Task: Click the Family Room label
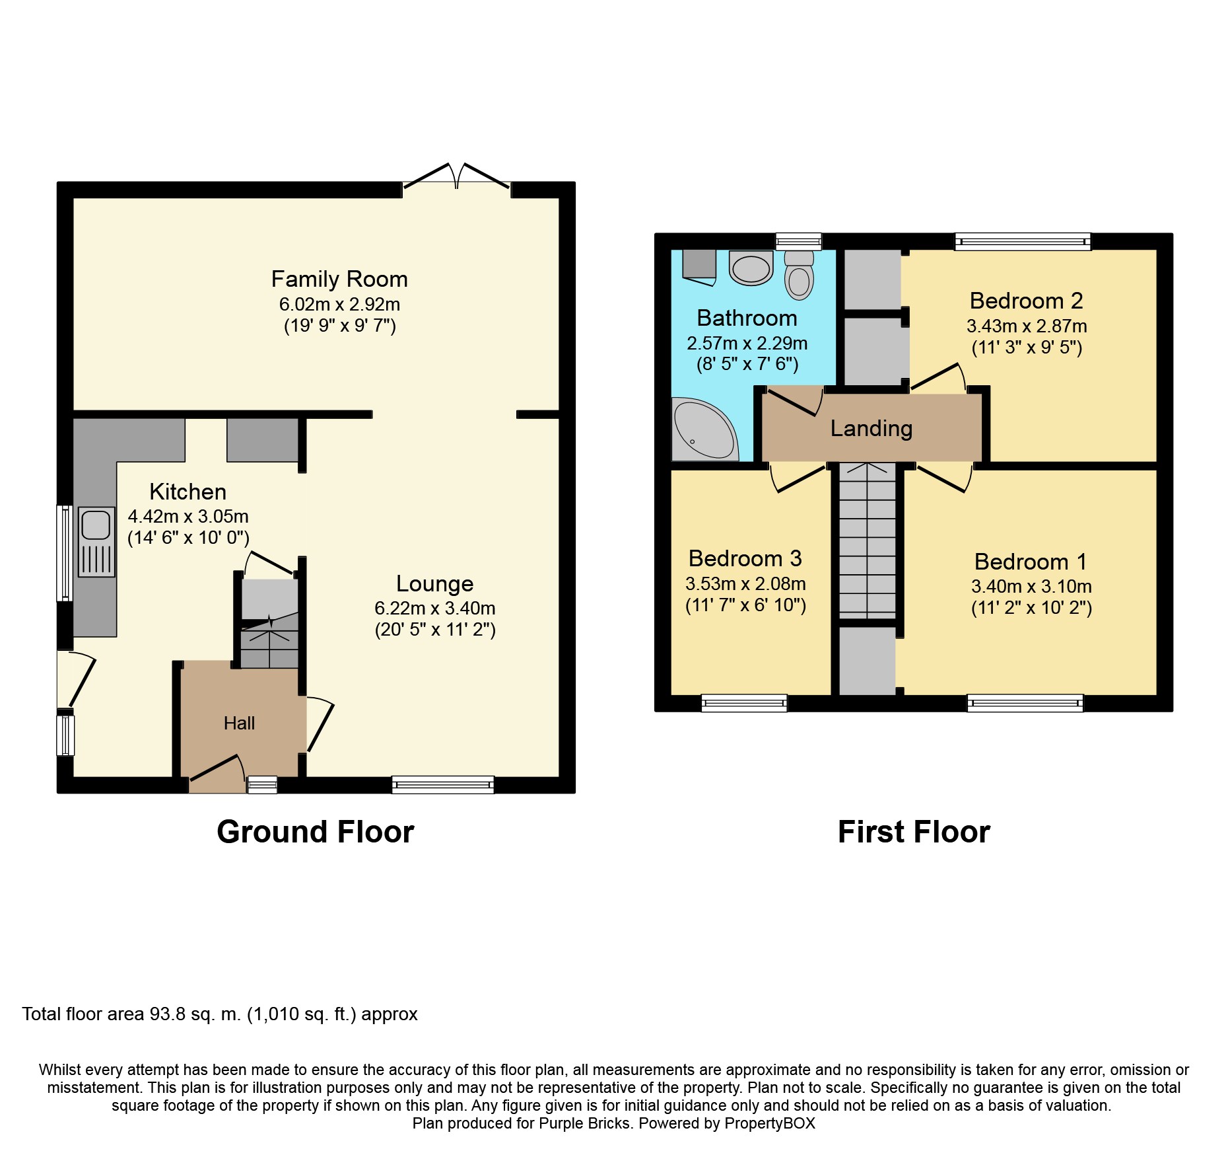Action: pos(339,279)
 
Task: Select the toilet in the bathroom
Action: pos(799,274)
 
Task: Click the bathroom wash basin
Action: pos(751,268)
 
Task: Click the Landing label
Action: pos(871,429)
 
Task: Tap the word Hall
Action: pos(239,724)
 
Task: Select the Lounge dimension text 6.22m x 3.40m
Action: pos(435,609)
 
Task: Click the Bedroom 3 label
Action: pos(745,559)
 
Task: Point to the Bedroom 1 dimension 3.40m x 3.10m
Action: pos(1031,587)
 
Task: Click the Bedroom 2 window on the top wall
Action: pos(1023,242)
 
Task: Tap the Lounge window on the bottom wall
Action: pos(443,784)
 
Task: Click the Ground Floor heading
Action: pos(316,832)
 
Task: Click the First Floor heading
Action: pos(914,832)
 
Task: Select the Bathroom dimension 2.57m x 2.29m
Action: pos(747,344)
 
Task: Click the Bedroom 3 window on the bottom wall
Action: pos(744,703)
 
